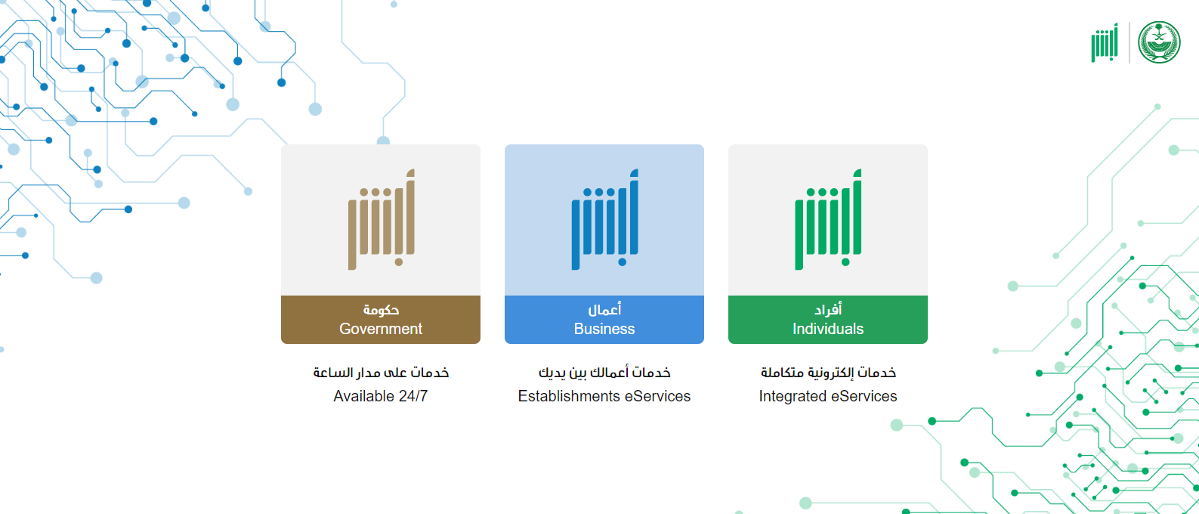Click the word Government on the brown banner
(381, 329)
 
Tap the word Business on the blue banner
(604, 329)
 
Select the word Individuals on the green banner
(828, 329)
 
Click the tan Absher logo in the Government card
(381, 219)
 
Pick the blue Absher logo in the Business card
(605, 219)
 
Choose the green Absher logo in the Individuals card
(828, 219)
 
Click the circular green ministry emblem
(1159, 42)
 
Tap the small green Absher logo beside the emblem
(1105, 43)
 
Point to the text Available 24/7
(381, 396)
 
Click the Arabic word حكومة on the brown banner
(381, 309)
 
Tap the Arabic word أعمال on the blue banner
(605, 309)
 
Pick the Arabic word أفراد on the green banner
(828, 309)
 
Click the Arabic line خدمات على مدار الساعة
(381, 372)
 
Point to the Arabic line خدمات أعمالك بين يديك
(605, 372)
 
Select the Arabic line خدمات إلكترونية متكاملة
(829, 372)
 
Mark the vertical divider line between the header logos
(1129, 43)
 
